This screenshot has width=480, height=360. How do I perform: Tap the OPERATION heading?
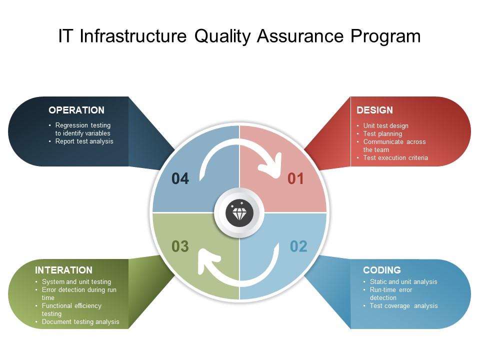pyautogui.click(x=76, y=110)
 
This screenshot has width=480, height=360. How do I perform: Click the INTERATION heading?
pyautogui.click(x=63, y=270)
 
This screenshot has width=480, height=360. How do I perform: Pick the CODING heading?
pyautogui.click(x=381, y=270)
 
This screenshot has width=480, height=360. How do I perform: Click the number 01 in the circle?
pyautogui.click(x=295, y=178)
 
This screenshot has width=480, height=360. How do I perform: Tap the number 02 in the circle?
pyautogui.click(x=298, y=246)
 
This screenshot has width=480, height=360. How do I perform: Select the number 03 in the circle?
pyautogui.click(x=180, y=246)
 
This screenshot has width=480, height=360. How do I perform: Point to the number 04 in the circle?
pyautogui.click(x=180, y=178)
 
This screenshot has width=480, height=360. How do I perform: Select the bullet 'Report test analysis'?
pyautogui.click(x=84, y=141)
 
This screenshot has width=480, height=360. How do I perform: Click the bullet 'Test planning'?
pyautogui.click(x=382, y=134)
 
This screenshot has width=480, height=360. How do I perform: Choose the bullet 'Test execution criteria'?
pyautogui.click(x=395, y=158)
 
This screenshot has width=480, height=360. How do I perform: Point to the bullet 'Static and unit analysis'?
pyautogui.click(x=403, y=282)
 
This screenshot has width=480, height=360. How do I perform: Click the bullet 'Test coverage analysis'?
pyautogui.click(x=403, y=306)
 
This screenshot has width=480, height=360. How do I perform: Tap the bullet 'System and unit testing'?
pyautogui.click(x=76, y=282)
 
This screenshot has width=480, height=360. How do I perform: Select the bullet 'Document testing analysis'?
pyautogui.click(x=80, y=322)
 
